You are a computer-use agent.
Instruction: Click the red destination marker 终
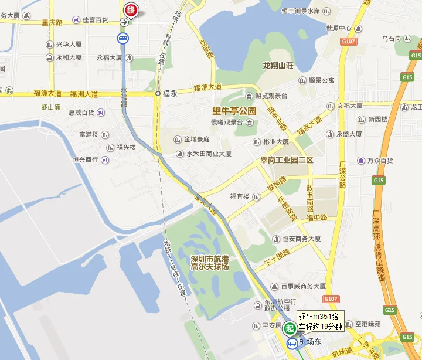point(130,10)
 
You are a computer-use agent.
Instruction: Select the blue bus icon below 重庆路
point(123,39)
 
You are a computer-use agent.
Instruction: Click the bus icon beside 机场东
point(291,344)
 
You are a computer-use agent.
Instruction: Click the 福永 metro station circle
point(158,93)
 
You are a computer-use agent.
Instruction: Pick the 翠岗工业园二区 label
point(288,159)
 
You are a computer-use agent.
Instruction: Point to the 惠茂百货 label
point(86,112)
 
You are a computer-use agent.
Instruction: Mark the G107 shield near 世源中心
point(349,42)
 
